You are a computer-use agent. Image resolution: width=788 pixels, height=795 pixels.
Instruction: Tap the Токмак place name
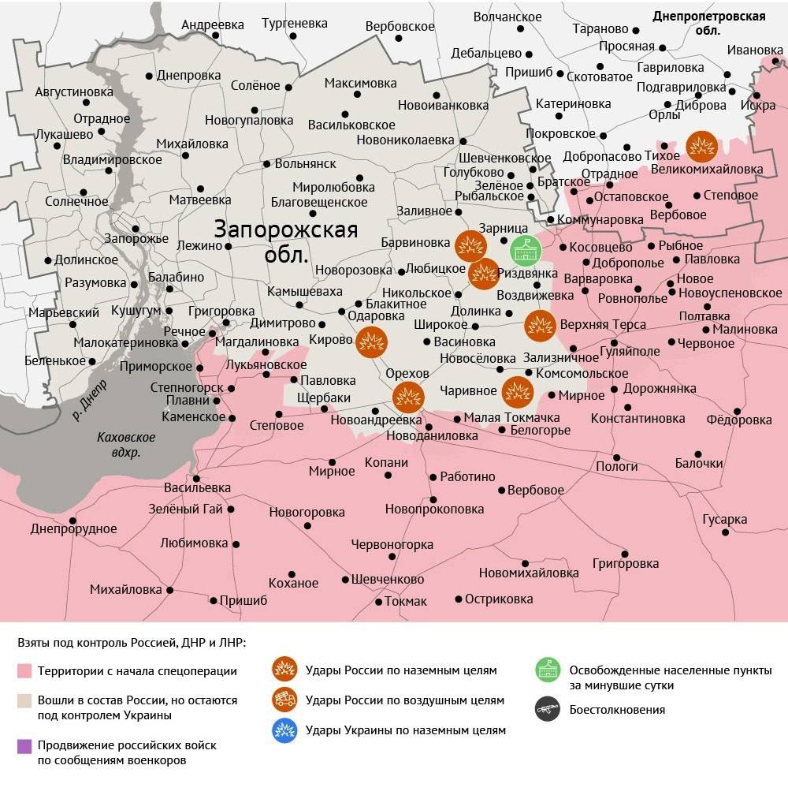coord(406,601)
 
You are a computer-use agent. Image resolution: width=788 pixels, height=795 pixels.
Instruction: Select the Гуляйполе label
coord(630,350)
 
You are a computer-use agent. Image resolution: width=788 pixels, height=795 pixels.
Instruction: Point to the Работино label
coord(467,476)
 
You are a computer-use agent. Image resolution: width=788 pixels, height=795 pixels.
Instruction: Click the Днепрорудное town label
coord(73,529)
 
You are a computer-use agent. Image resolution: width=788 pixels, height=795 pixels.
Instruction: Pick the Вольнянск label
coord(305,164)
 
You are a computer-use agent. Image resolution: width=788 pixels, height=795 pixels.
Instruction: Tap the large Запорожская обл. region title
coord(286,241)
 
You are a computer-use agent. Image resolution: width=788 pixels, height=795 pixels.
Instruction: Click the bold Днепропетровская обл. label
coord(708,24)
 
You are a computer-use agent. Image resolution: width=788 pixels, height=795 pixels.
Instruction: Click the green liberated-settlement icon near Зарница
coord(522,250)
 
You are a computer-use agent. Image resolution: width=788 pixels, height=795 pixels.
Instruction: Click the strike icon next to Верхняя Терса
coord(541,326)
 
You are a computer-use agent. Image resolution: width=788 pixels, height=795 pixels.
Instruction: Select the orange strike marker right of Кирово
coord(371,342)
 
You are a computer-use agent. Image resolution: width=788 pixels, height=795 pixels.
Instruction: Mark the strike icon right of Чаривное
coord(517,391)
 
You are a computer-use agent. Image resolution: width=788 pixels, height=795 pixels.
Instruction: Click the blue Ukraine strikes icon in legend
coord(284,730)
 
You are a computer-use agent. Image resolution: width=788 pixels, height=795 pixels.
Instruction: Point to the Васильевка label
coord(197,488)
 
